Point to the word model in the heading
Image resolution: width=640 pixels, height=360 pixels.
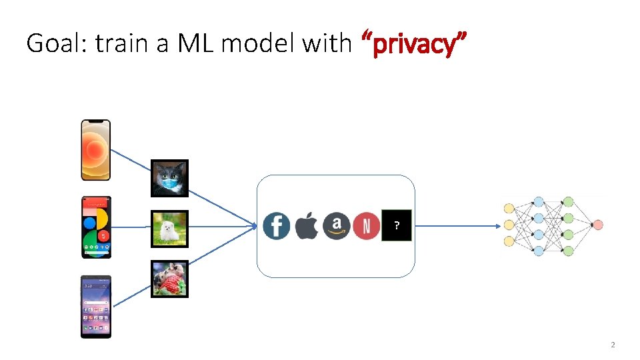click(x=259, y=44)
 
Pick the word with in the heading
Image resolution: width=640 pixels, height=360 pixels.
click(x=326, y=44)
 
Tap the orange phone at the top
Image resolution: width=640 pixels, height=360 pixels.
click(x=95, y=150)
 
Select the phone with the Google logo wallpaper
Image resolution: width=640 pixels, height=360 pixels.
click(x=96, y=227)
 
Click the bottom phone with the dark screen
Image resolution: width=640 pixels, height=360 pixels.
click(x=96, y=306)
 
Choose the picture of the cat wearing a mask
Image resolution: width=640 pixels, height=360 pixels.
click(x=169, y=178)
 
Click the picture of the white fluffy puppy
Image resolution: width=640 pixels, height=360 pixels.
click(x=169, y=229)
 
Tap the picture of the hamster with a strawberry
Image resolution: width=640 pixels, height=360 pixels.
click(x=169, y=279)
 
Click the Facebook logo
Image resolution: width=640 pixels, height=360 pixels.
click(x=276, y=226)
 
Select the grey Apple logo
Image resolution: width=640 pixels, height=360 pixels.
click(x=307, y=226)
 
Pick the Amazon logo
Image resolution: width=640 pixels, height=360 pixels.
click(x=337, y=226)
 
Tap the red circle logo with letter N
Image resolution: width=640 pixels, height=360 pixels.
click(x=367, y=226)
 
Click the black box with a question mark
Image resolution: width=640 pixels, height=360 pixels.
click(x=397, y=226)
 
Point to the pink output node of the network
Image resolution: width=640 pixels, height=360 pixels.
click(x=597, y=225)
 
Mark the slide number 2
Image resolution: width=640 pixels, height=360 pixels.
click(x=613, y=345)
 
